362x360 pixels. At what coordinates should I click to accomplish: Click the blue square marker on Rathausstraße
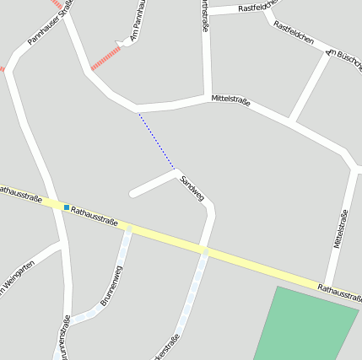tap(67, 207)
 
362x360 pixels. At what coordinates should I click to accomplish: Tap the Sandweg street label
tap(192, 188)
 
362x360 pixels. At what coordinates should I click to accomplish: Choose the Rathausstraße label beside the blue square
tap(95, 215)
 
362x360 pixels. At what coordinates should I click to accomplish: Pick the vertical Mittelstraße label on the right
tap(341, 229)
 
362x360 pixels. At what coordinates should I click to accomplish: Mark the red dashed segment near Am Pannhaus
tap(105, 57)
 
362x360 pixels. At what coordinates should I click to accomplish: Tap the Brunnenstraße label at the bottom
tap(63, 336)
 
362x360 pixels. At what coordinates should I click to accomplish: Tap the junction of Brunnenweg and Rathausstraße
tap(129, 228)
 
